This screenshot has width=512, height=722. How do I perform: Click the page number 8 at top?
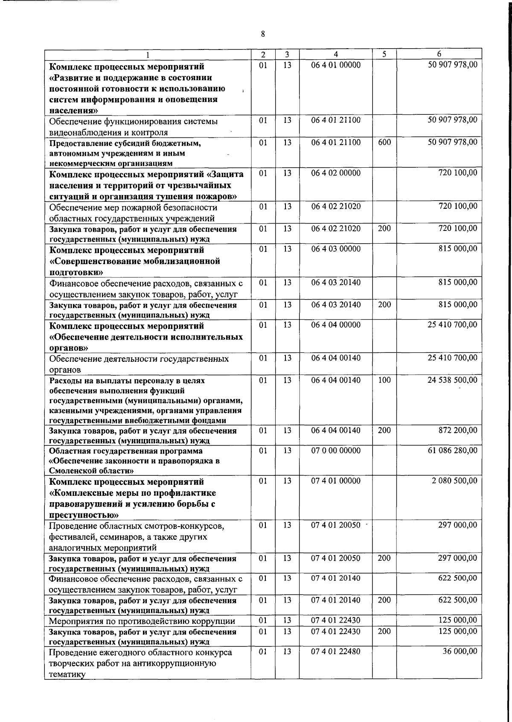click(x=263, y=34)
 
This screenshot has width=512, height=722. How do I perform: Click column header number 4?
click(x=336, y=55)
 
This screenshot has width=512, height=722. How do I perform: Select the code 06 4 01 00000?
click(x=336, y=65)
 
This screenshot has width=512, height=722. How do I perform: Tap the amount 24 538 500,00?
click(x=452, y=380)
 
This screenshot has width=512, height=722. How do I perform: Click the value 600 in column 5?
click(x=384, y=142)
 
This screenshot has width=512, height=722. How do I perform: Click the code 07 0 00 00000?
click(x=336, y=451)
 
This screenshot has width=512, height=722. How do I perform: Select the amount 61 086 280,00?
click(x=452, y=451)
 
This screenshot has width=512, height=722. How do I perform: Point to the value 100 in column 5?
click(x=384, y=380)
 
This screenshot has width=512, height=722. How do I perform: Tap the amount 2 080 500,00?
click(x=454, y=481)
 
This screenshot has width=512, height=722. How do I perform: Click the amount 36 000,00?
click(x=459, y=652)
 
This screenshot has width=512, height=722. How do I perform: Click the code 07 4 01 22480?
click(x=336, y=652)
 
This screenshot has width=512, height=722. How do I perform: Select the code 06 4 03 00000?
click(x=336, y=249)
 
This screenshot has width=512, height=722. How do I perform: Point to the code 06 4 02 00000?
click(x=336, y=173)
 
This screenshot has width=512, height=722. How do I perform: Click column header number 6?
click(x=439, y=54)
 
